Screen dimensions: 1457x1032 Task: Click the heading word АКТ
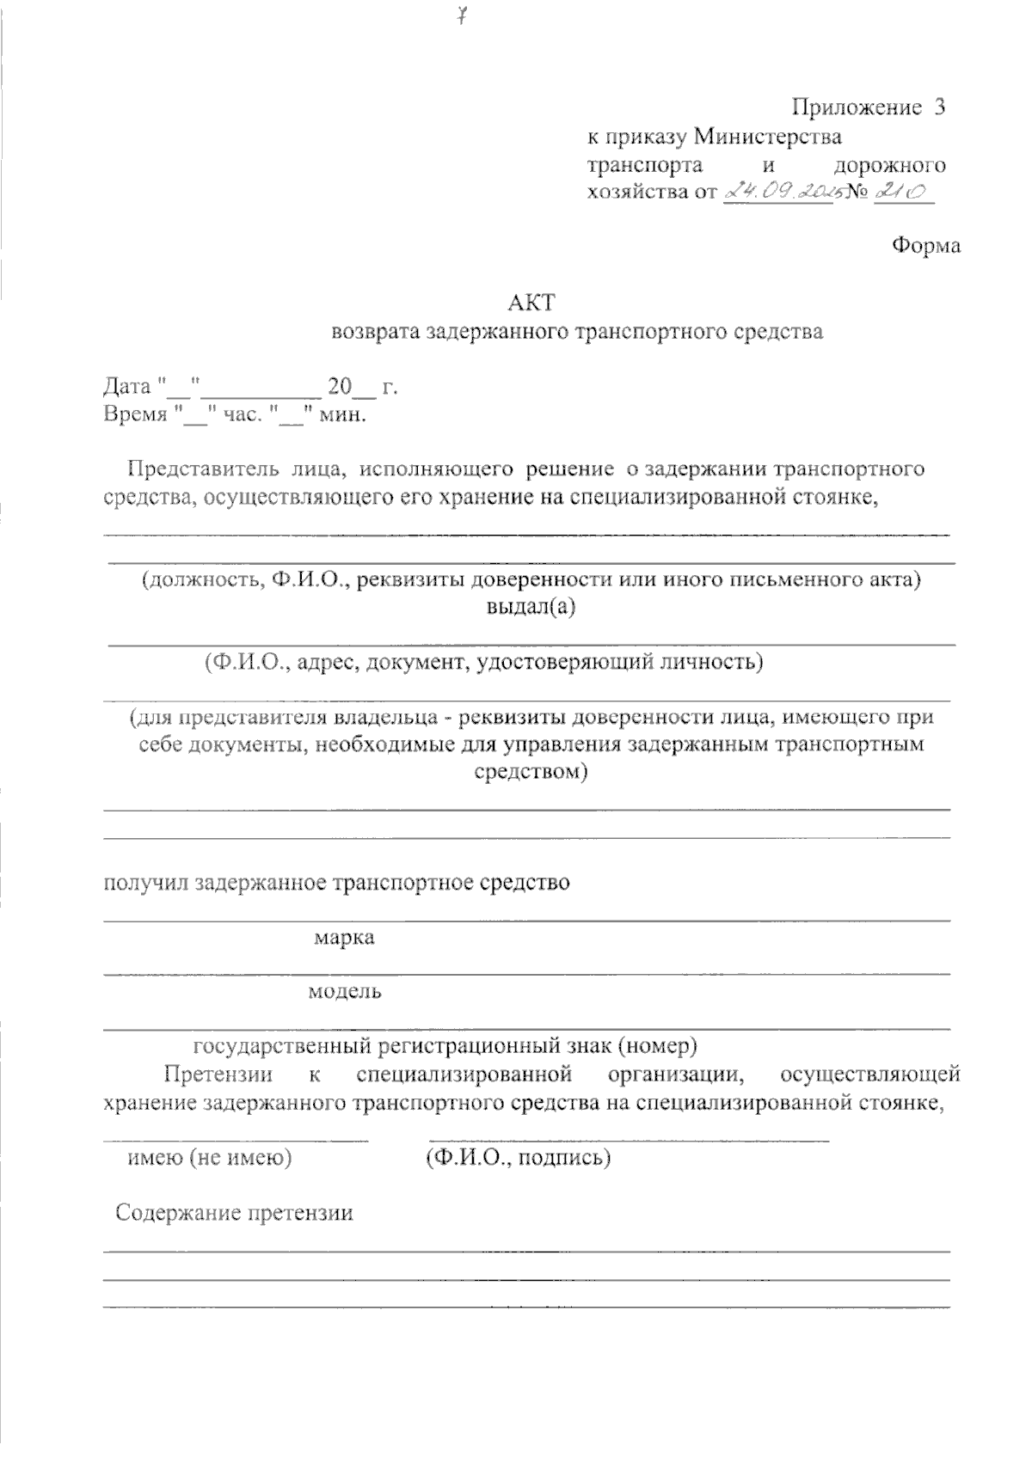tap(531, 303)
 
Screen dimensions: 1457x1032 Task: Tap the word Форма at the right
tap(925, 246)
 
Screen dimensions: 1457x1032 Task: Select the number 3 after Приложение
tap(938, 107)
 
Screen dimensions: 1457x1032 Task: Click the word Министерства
tap(767, 136)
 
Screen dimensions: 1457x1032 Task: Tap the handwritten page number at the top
tap(462, 16)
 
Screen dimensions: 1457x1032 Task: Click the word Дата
tap(127, 387)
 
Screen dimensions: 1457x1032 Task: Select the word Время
tap(135, 415)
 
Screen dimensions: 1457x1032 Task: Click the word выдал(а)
tap(531, 608)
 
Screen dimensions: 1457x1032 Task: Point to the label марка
tap(344, 937)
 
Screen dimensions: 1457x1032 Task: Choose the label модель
tap(345, 992)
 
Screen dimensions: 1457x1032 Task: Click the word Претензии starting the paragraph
tap(218, 1074)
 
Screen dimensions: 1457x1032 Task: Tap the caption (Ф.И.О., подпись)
tap(518, 1158)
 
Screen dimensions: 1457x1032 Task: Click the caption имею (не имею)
tap(210, 1158)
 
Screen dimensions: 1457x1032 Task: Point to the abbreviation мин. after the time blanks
tap(343, 415)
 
